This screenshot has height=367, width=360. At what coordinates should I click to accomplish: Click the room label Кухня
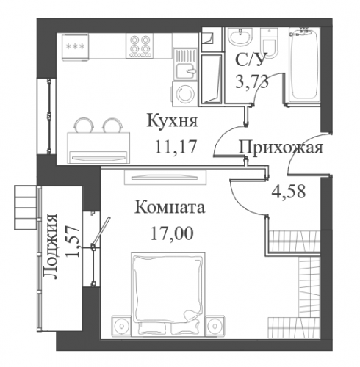pyautogui.click(x=172, y=121)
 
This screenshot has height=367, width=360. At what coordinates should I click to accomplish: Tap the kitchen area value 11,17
pyautogui.click(x=176, y=146)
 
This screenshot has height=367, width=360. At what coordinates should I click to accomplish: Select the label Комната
pyautogui.click(x=170, y=208)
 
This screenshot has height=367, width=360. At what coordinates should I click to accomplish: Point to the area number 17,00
pyautogui.click(x=172, y=233)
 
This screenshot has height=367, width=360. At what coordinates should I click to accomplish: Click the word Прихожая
pyautogui.click(x=281, y=148)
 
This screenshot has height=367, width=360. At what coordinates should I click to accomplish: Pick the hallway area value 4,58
pyautogui.click(x=289, y=192)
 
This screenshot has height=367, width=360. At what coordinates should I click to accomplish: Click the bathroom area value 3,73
pyautogui.click(x=251, y=81)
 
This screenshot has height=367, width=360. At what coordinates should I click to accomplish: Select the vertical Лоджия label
pyautogui.click(x=50, y=247)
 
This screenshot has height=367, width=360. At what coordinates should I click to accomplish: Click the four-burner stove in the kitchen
pyautogui.click(x=140, y=46)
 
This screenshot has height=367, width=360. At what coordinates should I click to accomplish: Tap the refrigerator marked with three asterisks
pyautogui.click(x=76, y=47)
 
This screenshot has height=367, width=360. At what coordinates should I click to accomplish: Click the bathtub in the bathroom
pyautogui.click(x=304, y=66)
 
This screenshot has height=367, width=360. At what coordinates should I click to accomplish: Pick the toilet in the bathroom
pyautogui.click(x=269, y=43)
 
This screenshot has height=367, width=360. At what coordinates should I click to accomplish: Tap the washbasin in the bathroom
pyautogui.click(x=240, y=37)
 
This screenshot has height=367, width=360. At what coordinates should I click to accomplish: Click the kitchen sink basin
pyautogui.click(x=185, y=70)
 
